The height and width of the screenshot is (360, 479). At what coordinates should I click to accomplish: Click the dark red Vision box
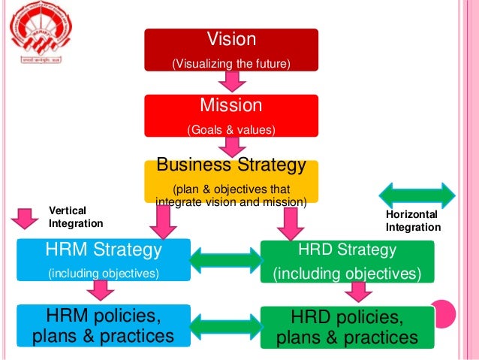point(231,50)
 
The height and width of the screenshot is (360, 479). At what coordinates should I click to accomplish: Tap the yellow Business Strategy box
point(231,180)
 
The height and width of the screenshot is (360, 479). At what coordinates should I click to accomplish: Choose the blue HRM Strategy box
point(104,260)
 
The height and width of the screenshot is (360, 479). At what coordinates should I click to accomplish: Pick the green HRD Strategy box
point(347,260)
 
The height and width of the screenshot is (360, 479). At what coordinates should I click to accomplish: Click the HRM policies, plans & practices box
point(104,326)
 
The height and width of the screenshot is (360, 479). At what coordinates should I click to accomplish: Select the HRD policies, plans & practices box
point(347,327)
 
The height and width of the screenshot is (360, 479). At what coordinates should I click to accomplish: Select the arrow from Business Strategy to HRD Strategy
point(288,221)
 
